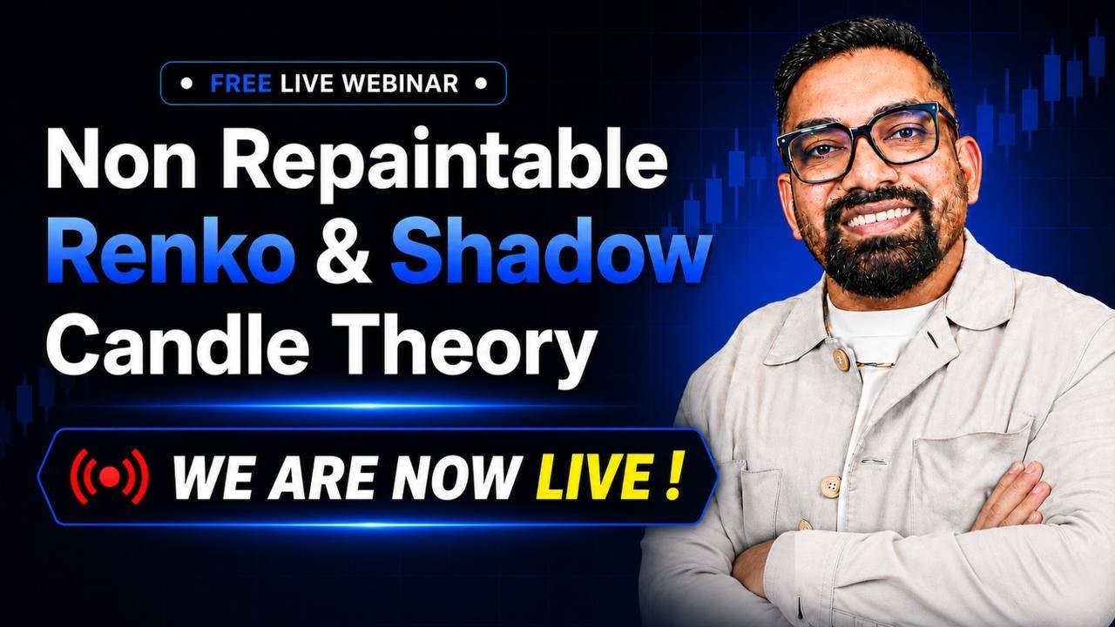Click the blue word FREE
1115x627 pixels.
pyautogui.click(x=241, y=83)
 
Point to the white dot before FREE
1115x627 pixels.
pyautogui.click(x=186, y=83)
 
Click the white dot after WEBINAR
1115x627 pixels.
pyautogui.click(x=481, y=83)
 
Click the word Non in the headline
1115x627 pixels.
pyautogui.click(x=121, y=158)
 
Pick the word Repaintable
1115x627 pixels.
pyautogui.click(x=444, y=165)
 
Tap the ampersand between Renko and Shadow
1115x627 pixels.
pyautogui.click(x=343, y=252)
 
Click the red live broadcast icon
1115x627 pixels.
pyautogui.click(x=110, y=476)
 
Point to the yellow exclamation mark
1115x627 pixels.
pyautogui.click(x=673, y=475)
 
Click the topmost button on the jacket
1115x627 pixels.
pyautogui.click(x=841, y=357)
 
